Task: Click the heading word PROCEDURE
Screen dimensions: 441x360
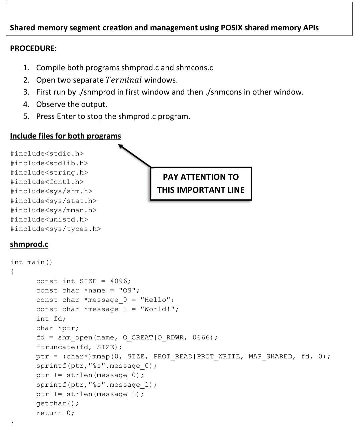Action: tap(32, 48)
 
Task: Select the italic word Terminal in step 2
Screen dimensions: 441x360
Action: tap(124, 80)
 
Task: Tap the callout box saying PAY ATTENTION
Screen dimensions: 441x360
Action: tap(201, 184)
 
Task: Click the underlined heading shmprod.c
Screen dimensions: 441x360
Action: tap(29, 244)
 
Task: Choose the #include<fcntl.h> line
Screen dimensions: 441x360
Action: tap(47, 182)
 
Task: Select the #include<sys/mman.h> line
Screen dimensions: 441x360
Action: tap(53, 210)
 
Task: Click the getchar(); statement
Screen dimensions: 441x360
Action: tap(58, 403)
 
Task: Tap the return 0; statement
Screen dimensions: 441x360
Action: tap(55, 413)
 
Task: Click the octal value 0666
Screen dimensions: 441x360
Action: tap(201, 337)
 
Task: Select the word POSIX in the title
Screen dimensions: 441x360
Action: tap(231, 28)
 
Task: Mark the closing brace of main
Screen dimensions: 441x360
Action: tap(12, 422)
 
